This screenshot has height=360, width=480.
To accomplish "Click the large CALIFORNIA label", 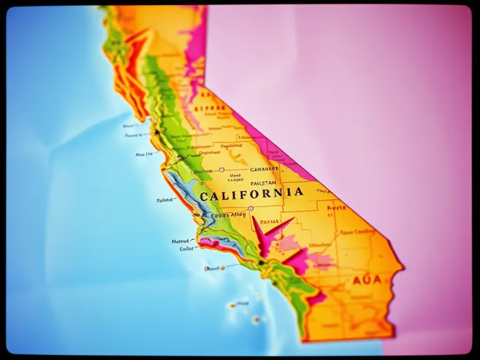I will pos(251,193).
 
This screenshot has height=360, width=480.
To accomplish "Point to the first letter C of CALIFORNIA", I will pos(204,196).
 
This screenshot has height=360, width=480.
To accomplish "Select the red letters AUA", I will pos(368,280).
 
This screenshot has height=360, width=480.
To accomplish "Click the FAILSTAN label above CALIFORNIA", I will pos(263,183).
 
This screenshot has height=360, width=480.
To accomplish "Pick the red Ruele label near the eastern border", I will pos(336,208).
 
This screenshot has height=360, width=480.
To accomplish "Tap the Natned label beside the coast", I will pos(180,241).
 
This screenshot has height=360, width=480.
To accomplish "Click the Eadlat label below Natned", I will pos(186,248).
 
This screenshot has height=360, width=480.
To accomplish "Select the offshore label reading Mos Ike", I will pos(144,154).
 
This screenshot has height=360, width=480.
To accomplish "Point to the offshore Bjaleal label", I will pos(165,200).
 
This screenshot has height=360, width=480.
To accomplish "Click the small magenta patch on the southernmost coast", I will pos(316,298).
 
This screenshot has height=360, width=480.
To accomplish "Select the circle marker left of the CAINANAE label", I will pos(222,169).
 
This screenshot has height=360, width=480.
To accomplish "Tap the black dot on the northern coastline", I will pos(156,132).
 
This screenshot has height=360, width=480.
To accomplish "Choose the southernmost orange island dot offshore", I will pos(256,319).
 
